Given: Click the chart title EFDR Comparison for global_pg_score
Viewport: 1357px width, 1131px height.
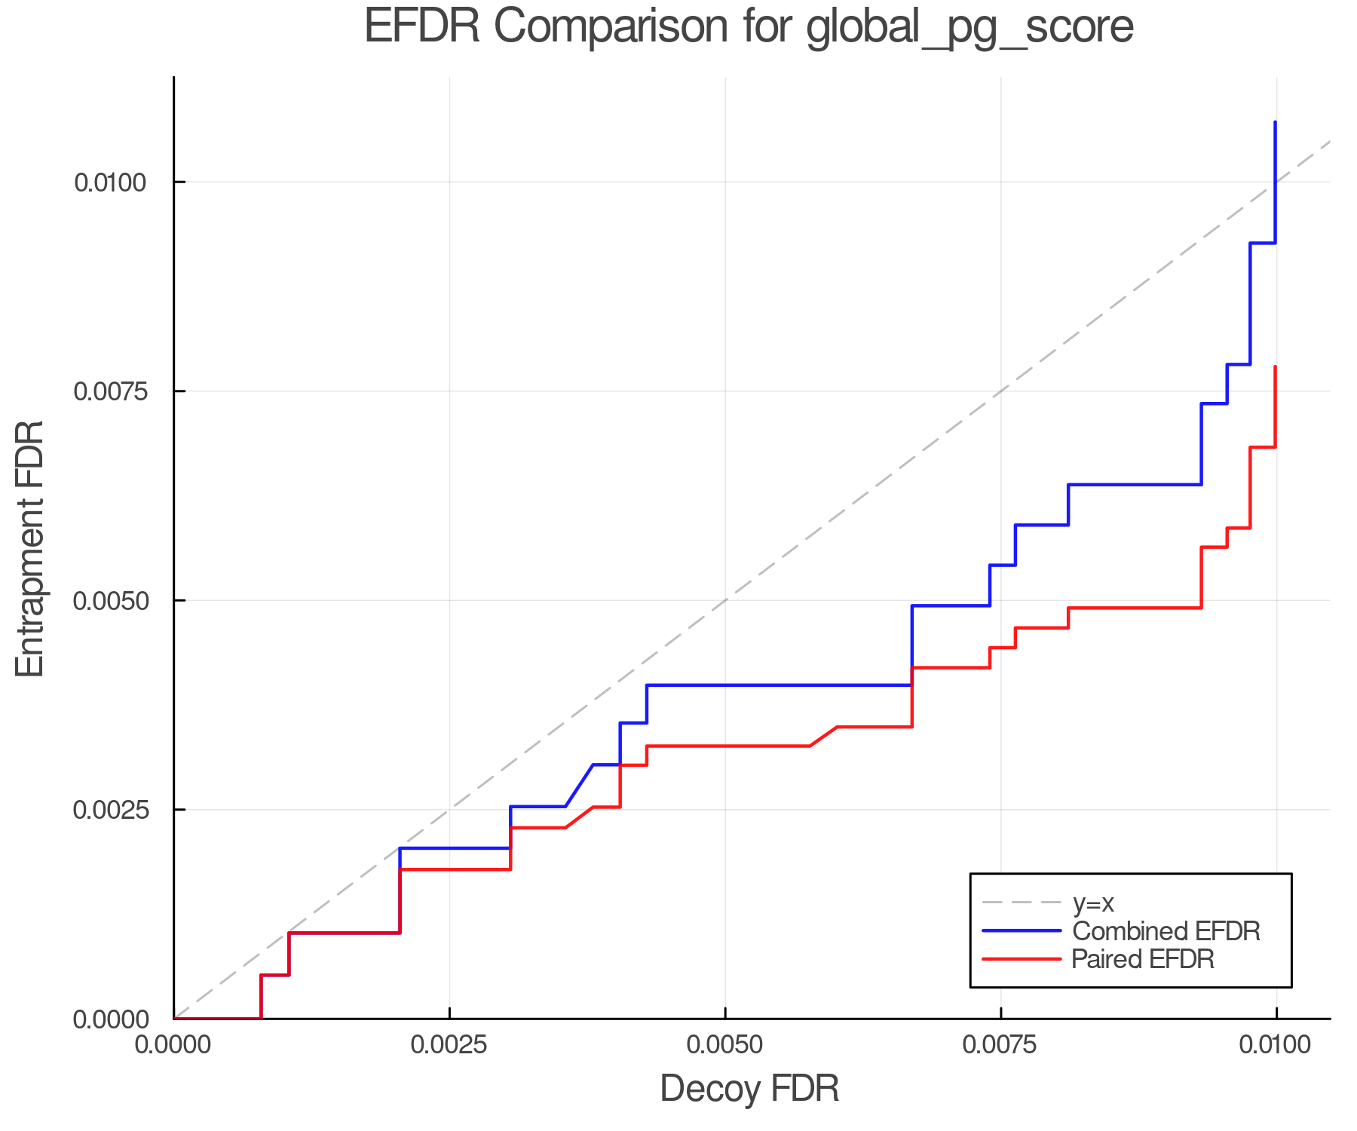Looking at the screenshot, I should point(749,27).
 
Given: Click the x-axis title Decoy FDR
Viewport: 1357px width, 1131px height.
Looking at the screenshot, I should point(749,1089).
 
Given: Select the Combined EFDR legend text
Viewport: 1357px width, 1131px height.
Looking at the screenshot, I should point(1166,931).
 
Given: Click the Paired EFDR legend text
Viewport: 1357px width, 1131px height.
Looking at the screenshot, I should point(1143,959).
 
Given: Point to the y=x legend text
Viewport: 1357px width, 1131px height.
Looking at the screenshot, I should point(1093,903).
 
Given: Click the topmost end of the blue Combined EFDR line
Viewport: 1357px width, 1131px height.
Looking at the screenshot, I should point(1275,122).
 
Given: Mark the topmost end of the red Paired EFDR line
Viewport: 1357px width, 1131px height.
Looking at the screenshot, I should point(1275,367).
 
